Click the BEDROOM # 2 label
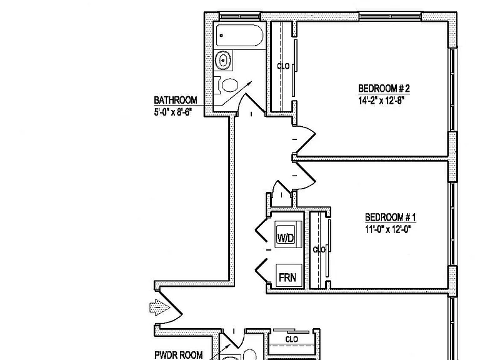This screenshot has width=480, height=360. [384, 89]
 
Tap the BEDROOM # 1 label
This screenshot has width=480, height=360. [391, 217]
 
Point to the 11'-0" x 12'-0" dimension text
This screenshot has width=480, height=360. [387, 229]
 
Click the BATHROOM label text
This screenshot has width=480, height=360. [176, 100]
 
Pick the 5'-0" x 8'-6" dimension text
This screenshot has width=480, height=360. [172, 112]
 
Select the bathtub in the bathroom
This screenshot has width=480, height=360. [239, 36]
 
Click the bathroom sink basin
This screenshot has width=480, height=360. [223, 60]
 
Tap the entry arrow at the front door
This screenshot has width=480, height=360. [159, 307]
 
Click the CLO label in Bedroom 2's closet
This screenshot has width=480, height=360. [283, 66]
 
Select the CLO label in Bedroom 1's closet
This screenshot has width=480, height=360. [319, 250]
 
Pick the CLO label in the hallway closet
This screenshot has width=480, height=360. [291, 339]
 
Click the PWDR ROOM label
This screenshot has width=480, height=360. [179, 355]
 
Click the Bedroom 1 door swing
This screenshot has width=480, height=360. [306, 177]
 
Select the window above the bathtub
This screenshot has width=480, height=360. [240, 16]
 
